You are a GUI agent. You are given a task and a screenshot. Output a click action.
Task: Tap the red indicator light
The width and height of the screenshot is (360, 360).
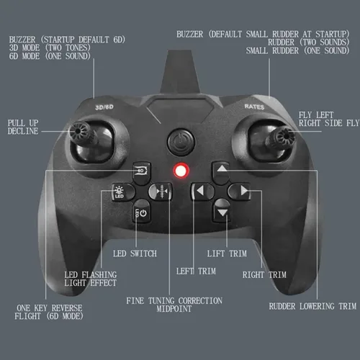coord(179,171)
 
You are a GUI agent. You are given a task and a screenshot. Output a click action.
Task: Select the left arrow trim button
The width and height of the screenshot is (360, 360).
coord(199,192)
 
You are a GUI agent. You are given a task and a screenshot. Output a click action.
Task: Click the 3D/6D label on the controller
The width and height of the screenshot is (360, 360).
coord(104,107)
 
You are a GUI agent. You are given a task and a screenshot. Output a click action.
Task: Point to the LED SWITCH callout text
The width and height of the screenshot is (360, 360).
coord(135,253)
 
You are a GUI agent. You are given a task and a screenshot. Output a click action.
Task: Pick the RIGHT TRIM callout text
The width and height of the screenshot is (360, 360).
coord(265,274)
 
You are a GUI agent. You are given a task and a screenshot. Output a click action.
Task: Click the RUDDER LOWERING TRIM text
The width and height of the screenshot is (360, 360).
coord(312,306)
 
